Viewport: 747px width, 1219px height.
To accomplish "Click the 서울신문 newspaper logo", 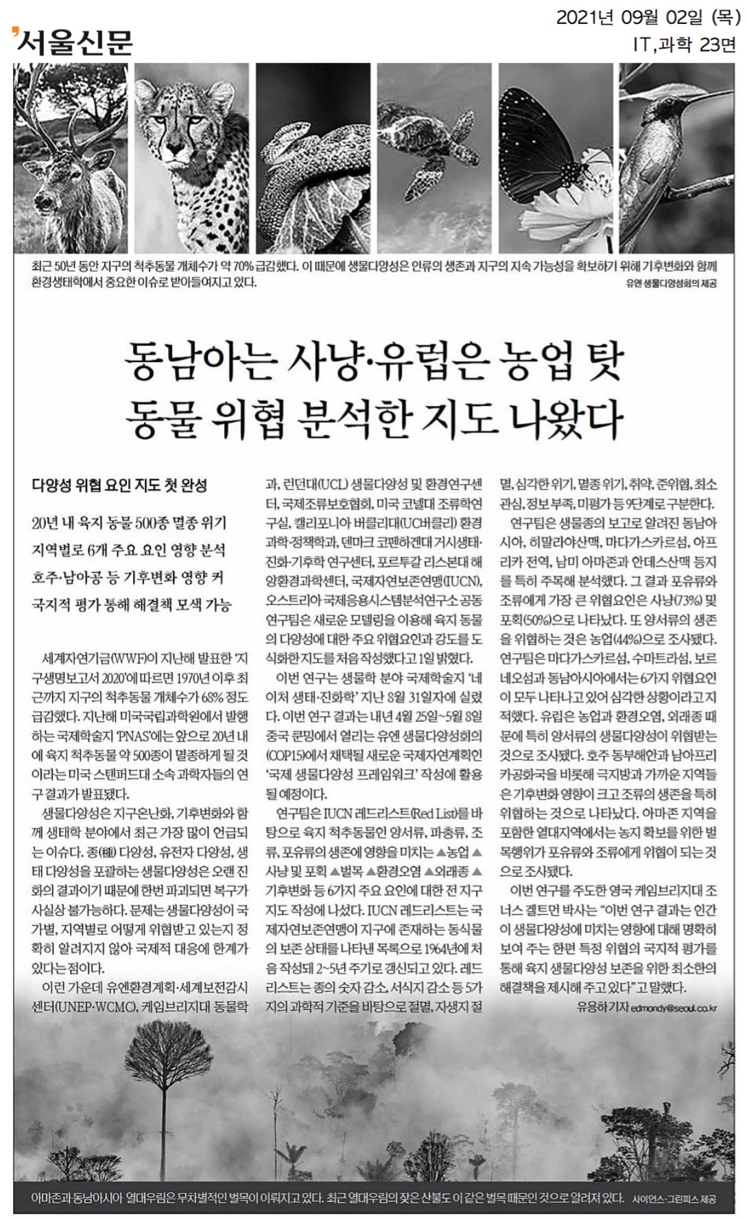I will [x=72, y=42].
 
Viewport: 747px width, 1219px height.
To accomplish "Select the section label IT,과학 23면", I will [x=685, y=45].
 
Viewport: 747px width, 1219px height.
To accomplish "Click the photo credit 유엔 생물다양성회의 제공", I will [x=671, y=283].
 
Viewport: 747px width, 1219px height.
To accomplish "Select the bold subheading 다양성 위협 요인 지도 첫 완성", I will [x=119, y=485].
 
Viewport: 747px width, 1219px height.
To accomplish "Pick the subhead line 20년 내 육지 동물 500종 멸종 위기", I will [x=129, y=523].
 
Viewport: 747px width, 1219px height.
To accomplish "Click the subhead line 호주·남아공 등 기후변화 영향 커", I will [x=128, y=578].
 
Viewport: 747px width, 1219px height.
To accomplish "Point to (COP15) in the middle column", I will [x=287, y=755].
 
